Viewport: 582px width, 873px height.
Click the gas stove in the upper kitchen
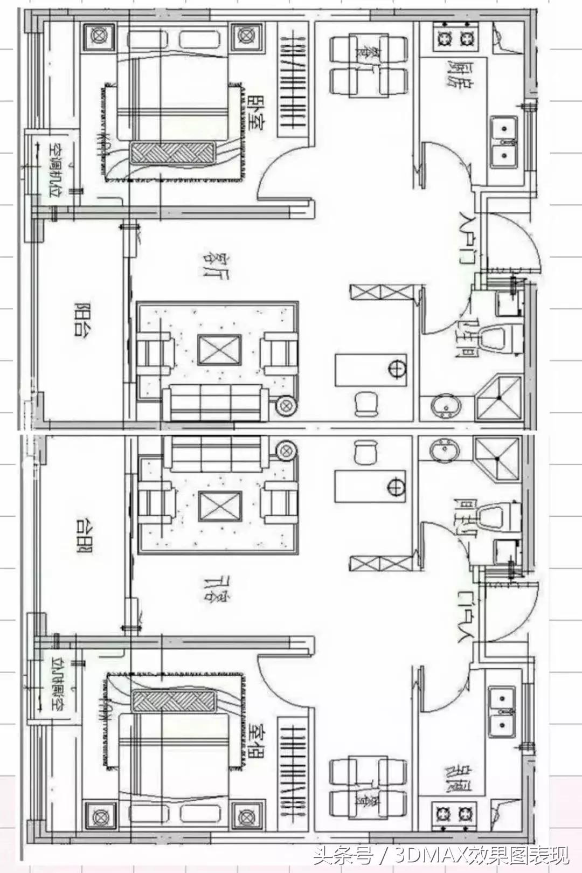(x=454, y=39)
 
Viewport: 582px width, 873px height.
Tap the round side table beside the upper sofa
(x=285, y=405)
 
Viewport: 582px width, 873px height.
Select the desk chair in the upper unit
(x=366, y=403)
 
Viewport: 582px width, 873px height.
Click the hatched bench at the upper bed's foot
(x=172, y=153)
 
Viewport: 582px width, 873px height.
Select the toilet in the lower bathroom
(x=499, y=516)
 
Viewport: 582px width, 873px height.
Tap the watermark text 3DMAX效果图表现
(x=482, y=855)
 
